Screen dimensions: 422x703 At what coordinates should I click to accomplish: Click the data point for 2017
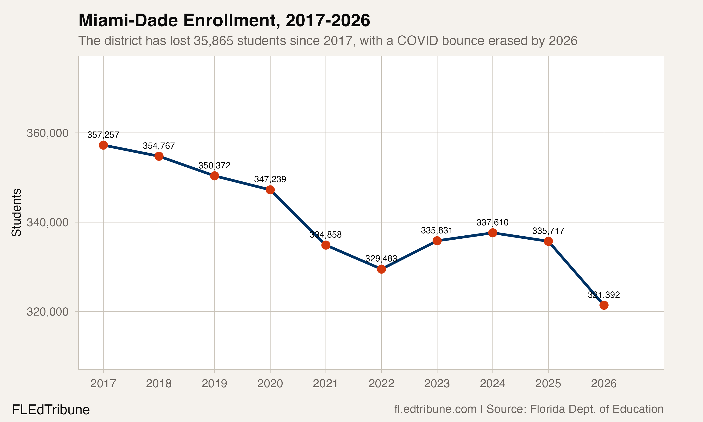pyautogui.click(x=103, y=145)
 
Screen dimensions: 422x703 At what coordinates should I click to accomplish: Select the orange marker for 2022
pyautogui.click(x=381, y=269)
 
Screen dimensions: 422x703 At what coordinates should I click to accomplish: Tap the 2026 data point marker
pyautogui.click(x=604, y=305)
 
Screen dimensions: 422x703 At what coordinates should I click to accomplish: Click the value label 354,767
pyautogui.click(x=159, y=146)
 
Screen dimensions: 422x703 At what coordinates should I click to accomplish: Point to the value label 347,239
pyautogui.click(x=270, y=179)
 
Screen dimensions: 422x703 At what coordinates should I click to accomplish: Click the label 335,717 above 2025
pyautogui.click(x=548, y=231)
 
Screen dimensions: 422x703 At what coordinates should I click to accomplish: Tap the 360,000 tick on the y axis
pyautogui.click(x=48, y=133)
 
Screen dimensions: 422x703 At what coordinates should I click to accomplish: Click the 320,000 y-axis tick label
pyautogui.click(x=48, y=312)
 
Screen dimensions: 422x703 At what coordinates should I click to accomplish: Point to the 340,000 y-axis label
pyautogui.click(x=48, y=222)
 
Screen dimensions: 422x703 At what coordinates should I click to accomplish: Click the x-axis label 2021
pyautogui.click(x=326, y=384)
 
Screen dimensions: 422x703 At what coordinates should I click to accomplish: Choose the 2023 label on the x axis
pyautogui.click(x=437, y=384)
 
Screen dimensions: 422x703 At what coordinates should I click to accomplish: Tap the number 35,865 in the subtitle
pyautogui.click(x=213, y=41)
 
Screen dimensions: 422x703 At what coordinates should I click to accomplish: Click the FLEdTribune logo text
pyautogui.click(x=51, y=410)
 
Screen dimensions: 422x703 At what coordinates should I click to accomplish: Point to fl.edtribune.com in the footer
pyautogui.click(x=435, y=409)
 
